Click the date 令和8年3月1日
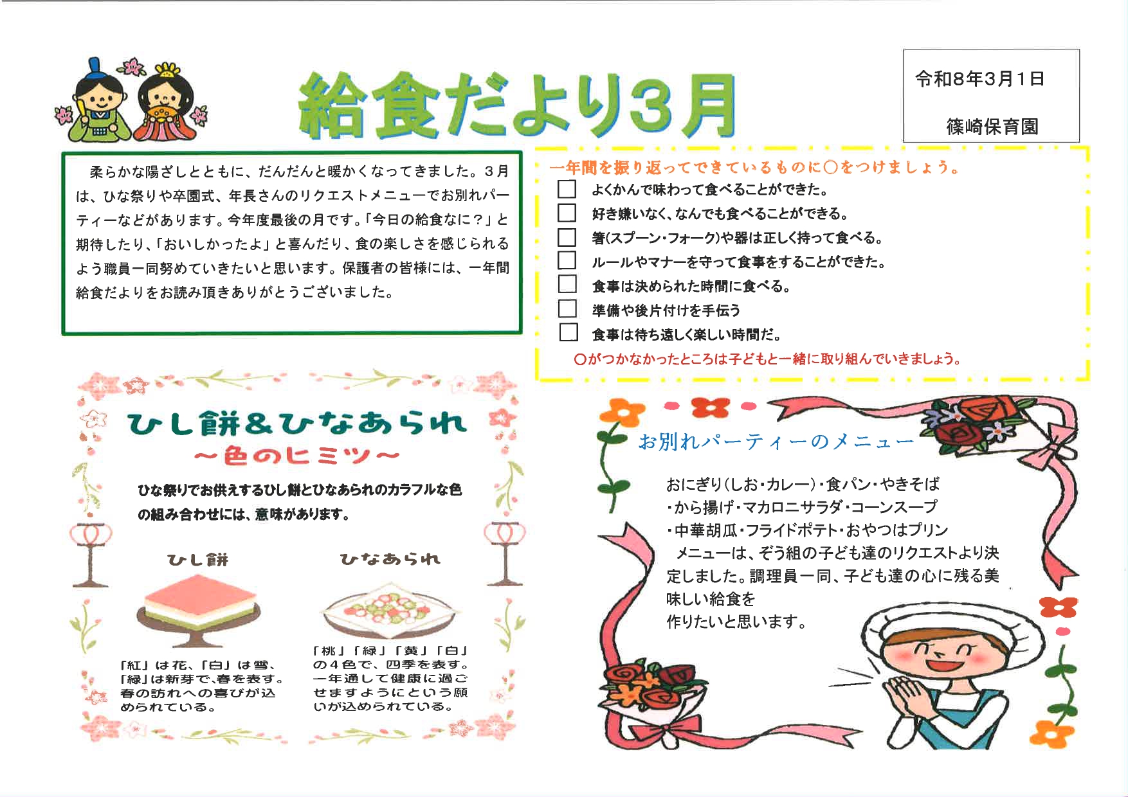(979, 79)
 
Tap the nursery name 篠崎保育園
(992, 127)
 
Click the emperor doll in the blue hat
(96, 103)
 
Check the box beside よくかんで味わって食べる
(567, 189)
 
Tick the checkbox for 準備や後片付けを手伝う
(567, 309)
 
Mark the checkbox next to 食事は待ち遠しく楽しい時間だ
(568, 333)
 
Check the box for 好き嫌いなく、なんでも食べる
(567, 213)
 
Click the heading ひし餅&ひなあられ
(296, 423)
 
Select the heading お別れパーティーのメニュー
(775, 442)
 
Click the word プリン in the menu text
(929, 530)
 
